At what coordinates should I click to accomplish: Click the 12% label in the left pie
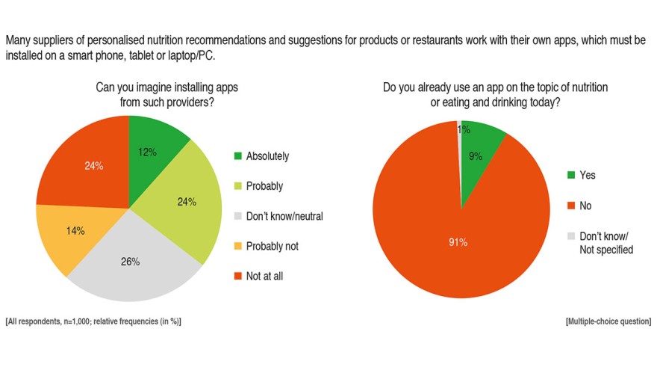[147, 152]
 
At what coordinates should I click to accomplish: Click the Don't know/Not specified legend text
[606, 242]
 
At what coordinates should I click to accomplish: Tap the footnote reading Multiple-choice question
[608, 321]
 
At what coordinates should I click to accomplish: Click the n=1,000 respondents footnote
[93, 321]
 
